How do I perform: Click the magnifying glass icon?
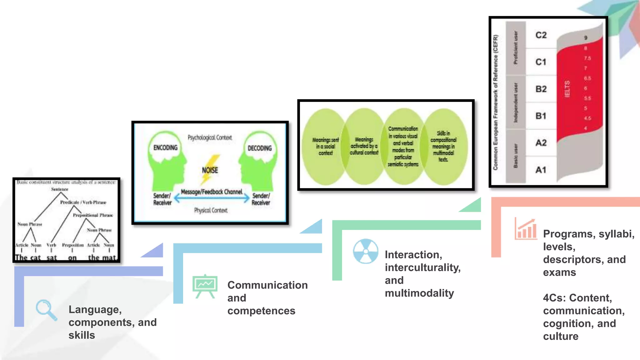(x=46, y=310)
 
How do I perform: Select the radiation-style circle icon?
(x=366, y=251)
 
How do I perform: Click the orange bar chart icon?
(x=526, y=229)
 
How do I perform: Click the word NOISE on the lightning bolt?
(x=210, y=170)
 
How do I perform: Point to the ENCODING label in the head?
(x=165, y=147)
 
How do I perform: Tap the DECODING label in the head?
(x=260, y=148)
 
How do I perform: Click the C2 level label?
(x=541, y=35)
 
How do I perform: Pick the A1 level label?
(x=541, y=170)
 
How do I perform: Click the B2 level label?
(x=541, y=89)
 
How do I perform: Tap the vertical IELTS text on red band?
(x=567, y=89)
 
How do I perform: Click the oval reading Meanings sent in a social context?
(x=325, y=146)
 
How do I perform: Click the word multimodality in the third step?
(x=419, y=293)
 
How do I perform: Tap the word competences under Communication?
(x=261, y=311)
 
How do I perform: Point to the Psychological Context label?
(x=210, y=137)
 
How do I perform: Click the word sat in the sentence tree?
(x=52, y=258)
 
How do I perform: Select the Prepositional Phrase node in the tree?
(x=93, y=215)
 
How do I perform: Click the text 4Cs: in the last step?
(x=554, y=298)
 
